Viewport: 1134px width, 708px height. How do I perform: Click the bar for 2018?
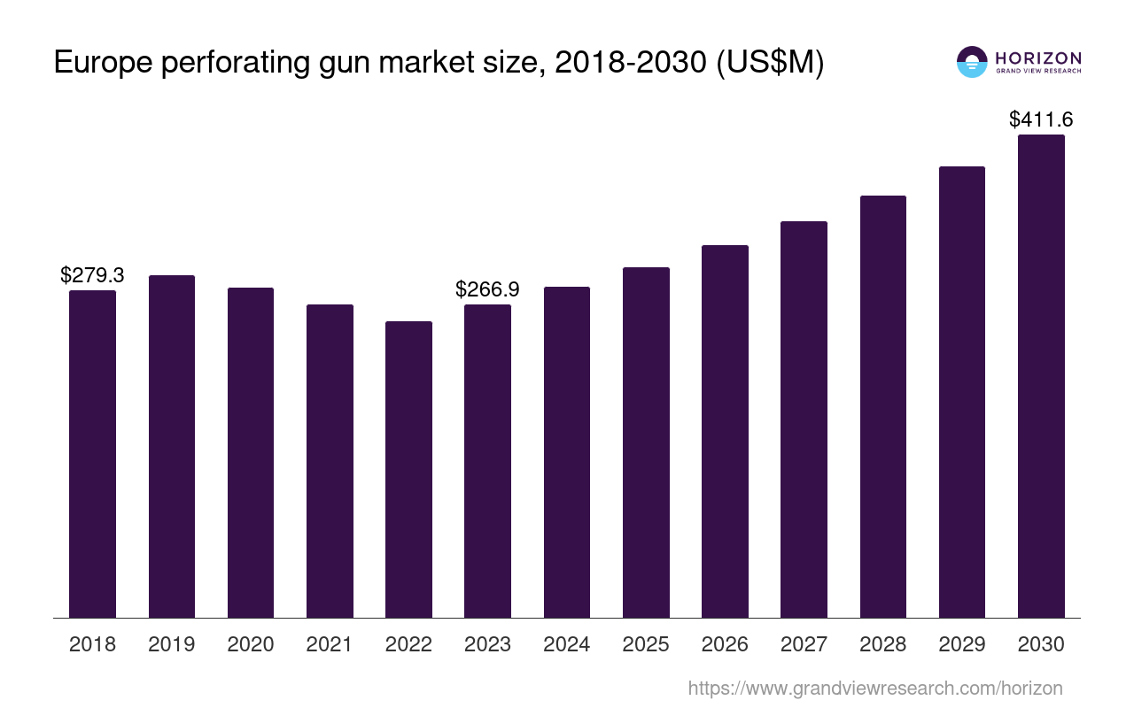[92, 453]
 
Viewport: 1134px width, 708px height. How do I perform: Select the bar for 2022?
[408, 469]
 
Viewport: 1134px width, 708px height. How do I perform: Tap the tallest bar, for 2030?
[1041, 376]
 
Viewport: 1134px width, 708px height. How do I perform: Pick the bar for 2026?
[725, 431]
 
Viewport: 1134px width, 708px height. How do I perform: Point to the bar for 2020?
[251, 452]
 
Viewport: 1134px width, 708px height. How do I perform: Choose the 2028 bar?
[882, 406]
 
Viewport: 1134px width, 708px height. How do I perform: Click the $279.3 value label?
[92, 275]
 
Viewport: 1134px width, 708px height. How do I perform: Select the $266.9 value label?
[487, 289]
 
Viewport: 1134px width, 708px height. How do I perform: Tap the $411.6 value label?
[1041, 119]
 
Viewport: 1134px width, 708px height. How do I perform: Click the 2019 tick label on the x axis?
[171, 644]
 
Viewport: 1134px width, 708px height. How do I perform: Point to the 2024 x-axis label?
[566, 644]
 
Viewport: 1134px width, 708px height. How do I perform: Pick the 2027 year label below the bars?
[804, 644]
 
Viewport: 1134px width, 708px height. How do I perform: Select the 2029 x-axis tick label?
[962, 644]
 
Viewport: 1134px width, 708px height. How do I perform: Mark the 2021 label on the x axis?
[330, 644]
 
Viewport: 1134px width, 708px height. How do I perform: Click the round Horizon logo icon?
[972, 62]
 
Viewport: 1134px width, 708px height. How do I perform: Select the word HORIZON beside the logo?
[1038, 58]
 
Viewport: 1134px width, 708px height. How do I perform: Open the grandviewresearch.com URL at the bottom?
[874, 688]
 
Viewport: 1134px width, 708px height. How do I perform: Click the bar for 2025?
[646, 442]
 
